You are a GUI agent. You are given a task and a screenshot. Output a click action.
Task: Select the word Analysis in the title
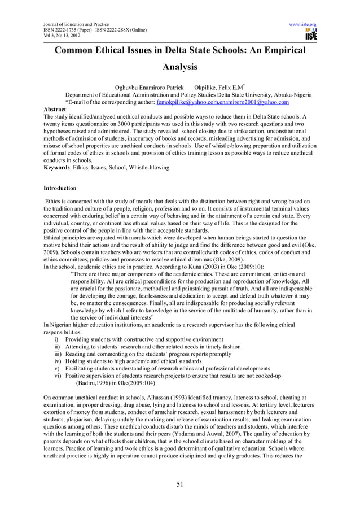tap(180, 68)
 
